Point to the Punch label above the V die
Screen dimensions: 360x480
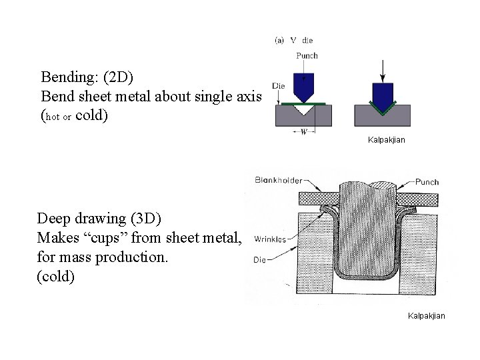(x=307, y=55)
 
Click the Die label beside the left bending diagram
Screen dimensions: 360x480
(x=280, y=85)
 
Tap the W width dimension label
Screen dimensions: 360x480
(x=304, y=131)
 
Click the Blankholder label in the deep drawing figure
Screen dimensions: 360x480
(x=278, y=180)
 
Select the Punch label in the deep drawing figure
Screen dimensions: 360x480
(x=426, y=181)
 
